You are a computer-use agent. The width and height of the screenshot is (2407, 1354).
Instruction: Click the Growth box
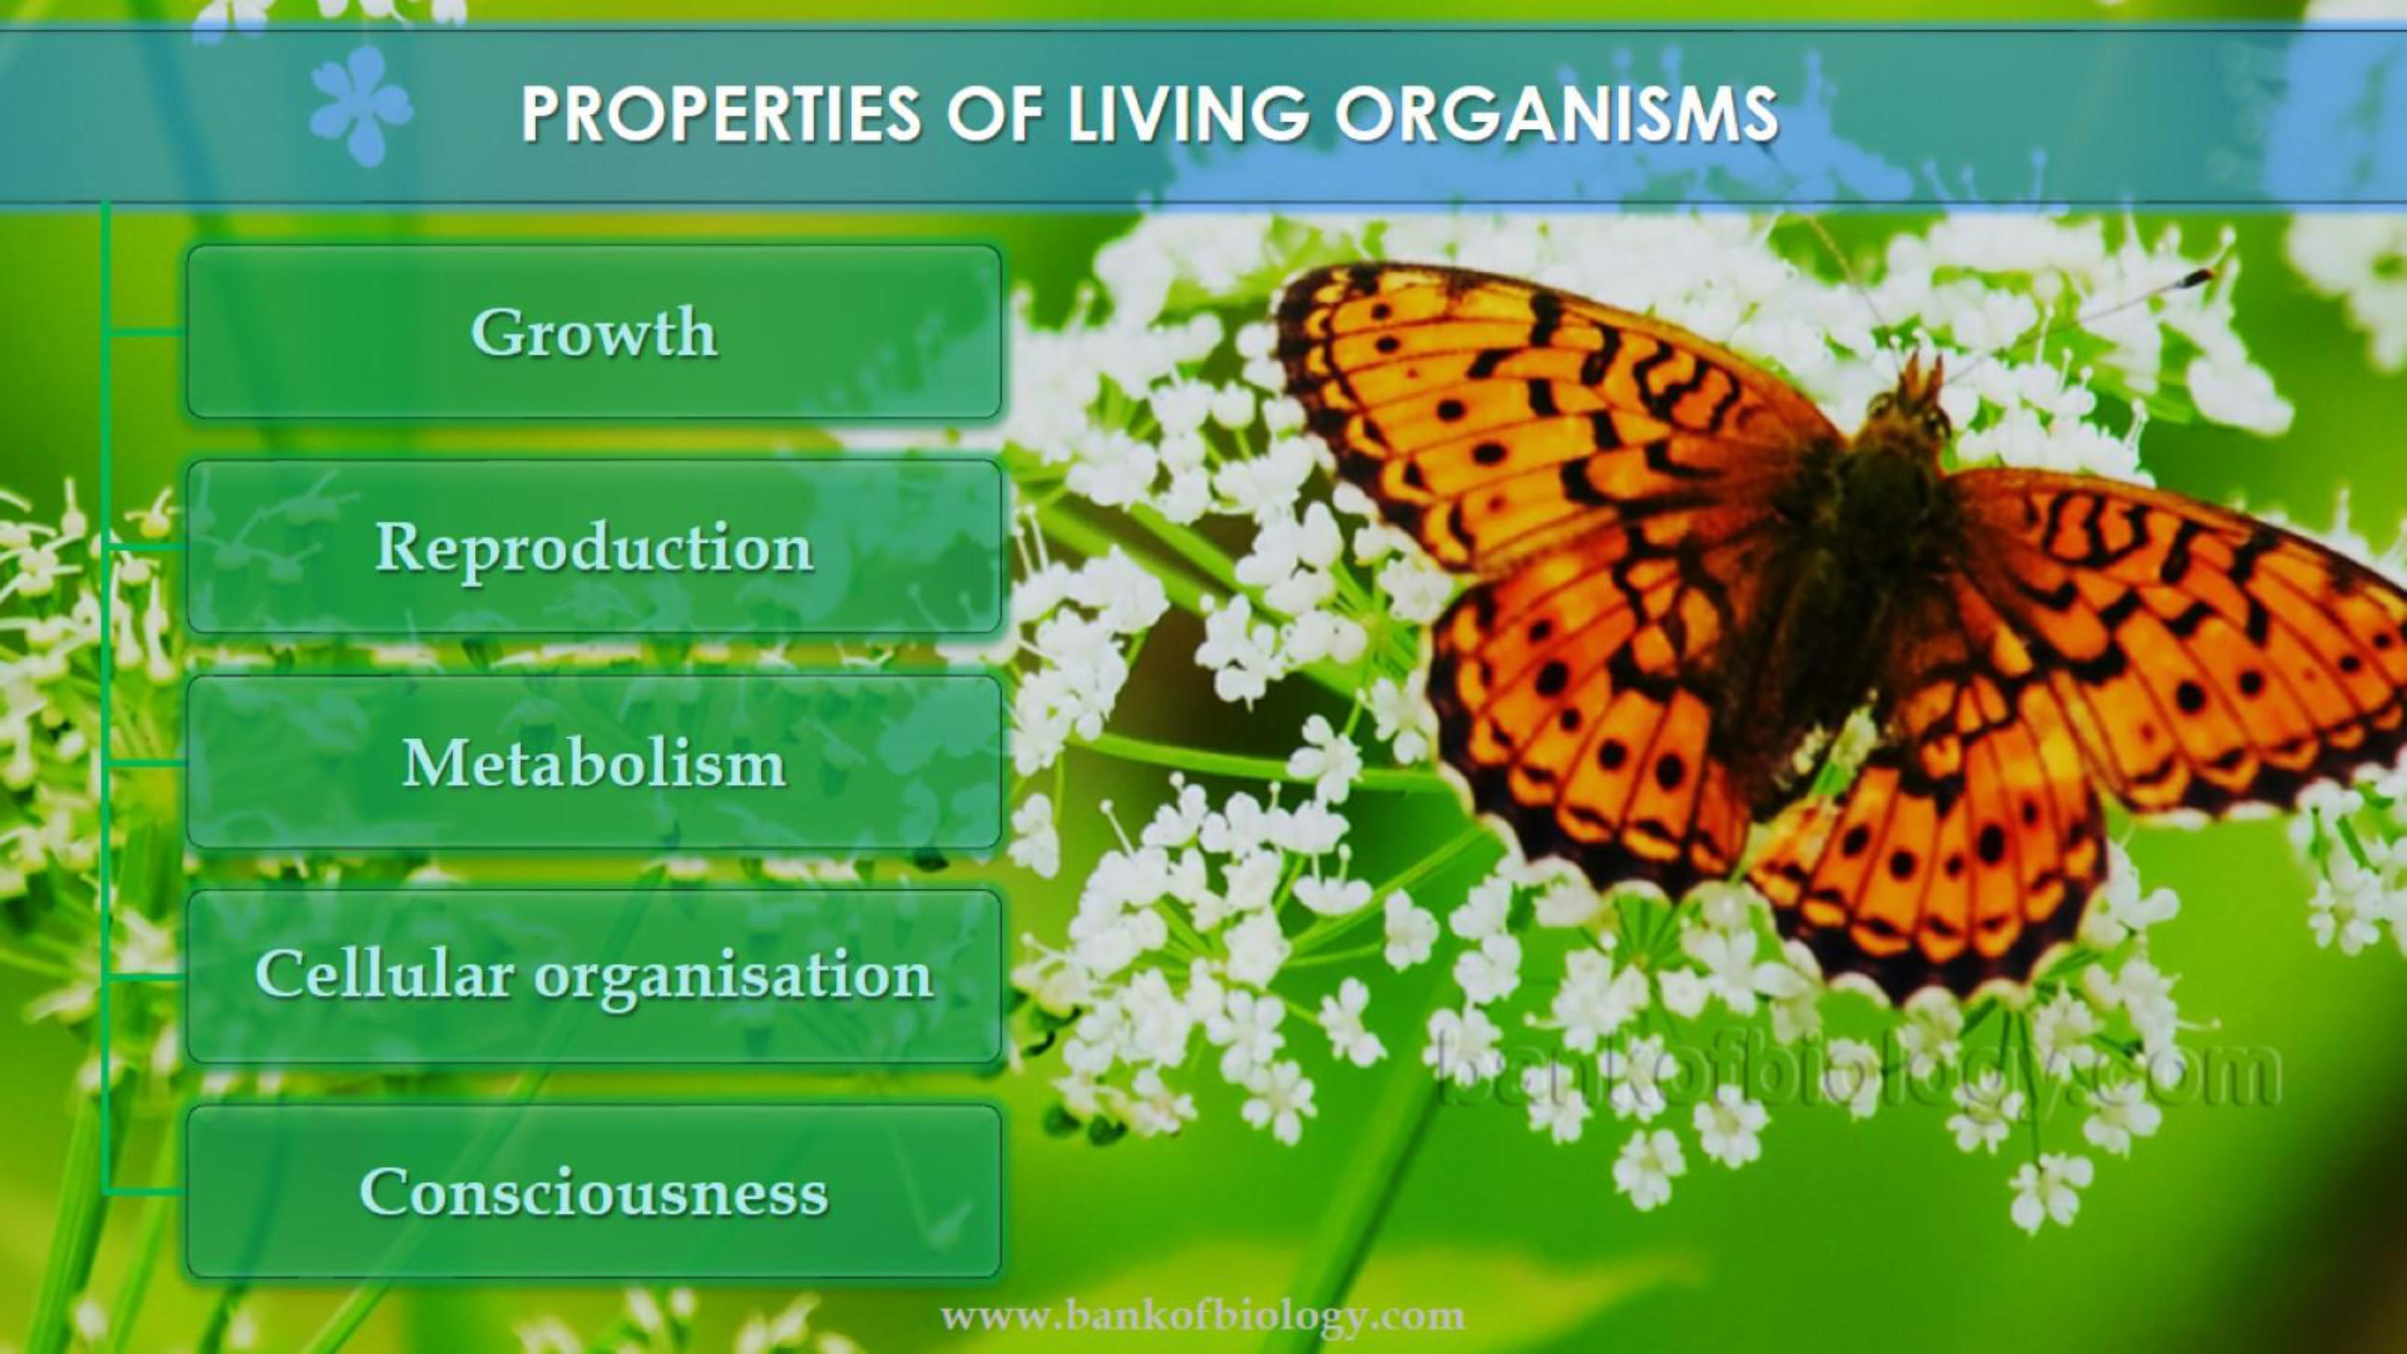tap(595, 332)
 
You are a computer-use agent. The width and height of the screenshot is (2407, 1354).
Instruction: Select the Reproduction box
tap(595, 546)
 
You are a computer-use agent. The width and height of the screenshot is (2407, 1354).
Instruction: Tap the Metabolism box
tap(595, 762)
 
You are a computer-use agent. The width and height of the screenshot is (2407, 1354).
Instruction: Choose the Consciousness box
tap(595, 1192)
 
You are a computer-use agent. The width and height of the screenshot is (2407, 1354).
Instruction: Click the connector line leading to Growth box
tap(146, 332)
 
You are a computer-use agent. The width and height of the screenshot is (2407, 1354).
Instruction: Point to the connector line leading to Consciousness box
tap(146, 1192)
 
